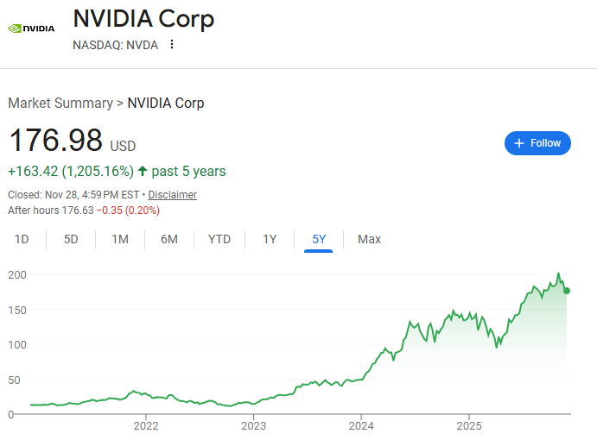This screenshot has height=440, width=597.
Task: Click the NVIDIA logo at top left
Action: coord(31,28)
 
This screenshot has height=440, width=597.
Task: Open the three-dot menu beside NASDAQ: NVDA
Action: coord(172,45)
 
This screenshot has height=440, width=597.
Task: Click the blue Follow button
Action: coord(537,143)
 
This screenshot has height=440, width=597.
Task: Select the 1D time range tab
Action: coord(22,239)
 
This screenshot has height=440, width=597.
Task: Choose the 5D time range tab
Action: coord(71,239)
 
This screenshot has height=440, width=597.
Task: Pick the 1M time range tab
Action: coord(120,239)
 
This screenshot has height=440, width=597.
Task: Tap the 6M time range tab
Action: coord(169,239)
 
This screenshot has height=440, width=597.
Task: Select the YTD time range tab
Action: coord(219,239)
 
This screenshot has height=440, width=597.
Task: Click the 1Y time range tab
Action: coord(270,239)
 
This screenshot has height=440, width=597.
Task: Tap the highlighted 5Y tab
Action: coord(319,239)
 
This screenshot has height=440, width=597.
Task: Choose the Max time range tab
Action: coord(369,239)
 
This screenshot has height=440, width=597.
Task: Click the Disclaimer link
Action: coord(172,195)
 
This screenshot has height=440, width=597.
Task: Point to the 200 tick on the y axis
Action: coord(17,274)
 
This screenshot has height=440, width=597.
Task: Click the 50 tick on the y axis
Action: coord(15,380)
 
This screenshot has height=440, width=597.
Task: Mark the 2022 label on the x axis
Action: coord(146,425)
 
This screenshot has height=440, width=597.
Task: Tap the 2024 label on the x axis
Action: coord(361,425)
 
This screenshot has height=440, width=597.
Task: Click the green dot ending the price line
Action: coord(567,291)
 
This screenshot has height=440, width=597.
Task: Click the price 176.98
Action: coord(55,141)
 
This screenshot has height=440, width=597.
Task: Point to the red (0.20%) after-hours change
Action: coord(143,211)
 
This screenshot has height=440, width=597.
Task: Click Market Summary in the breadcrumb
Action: coord(60,104)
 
